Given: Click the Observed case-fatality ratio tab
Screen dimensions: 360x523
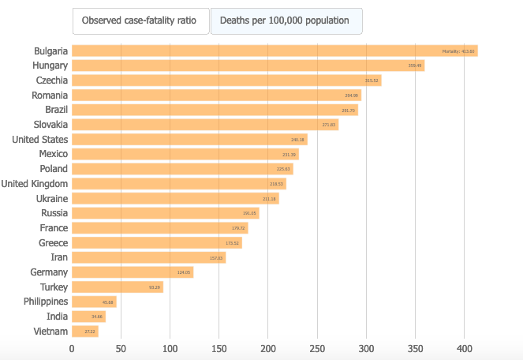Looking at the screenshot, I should [x=140, y=21].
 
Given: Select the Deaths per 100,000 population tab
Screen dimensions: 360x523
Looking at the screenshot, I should [x=286, y=21].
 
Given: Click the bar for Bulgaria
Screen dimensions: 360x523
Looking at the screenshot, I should [x=275, y=51].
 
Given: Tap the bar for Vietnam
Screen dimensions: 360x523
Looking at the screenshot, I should [x=85, y=332].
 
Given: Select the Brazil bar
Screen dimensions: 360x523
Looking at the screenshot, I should [x=215, y=110].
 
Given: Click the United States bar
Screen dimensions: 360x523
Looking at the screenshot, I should [x=189, y=140].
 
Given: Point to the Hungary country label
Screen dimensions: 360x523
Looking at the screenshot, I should [x=50, y=66].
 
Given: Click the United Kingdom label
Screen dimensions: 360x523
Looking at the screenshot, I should [x=34, y=184].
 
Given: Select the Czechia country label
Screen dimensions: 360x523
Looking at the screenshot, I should [x=51, y=81].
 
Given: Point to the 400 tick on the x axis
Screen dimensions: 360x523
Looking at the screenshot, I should [x=464, y=348].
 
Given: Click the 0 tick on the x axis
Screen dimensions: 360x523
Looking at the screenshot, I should [x=72, y=348].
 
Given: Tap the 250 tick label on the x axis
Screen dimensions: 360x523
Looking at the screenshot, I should [x=317, y=348].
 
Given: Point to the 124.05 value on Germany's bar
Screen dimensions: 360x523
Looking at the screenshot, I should [x=185, y=272].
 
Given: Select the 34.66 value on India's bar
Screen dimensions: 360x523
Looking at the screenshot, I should [x=97, y=317].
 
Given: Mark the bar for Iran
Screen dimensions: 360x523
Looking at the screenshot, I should [x=148, y=257].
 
